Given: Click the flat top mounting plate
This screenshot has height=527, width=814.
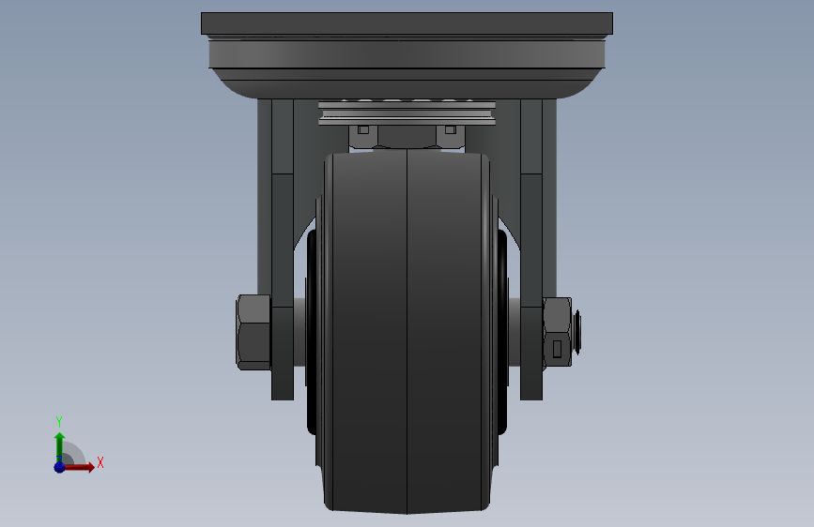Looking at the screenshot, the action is [x=407, y=23].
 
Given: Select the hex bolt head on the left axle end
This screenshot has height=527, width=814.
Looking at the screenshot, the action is [x=253, y=332].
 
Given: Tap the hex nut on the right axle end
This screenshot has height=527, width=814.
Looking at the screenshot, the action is [x=557, y=333].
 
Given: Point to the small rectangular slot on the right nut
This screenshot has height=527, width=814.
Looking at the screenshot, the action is [x=557, y=349].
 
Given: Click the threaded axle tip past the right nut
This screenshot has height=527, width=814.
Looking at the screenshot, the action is [x=576, y=332].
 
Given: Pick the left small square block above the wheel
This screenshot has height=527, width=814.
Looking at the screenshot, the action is [x=363, y=129].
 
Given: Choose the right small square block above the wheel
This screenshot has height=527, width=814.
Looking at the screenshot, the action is [x=451, y=129].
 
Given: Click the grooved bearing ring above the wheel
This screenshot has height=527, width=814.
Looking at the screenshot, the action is [x=407, y=113].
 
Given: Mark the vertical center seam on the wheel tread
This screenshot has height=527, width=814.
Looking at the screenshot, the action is [x=407, y=332].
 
